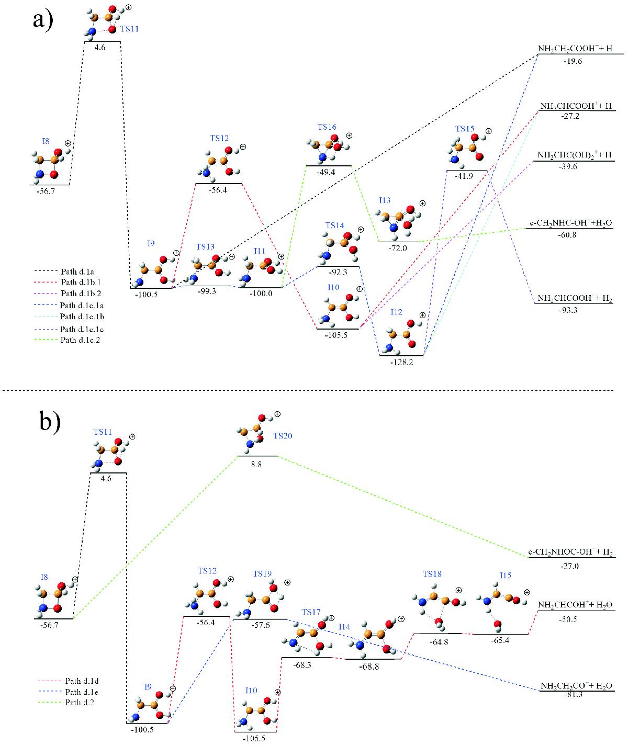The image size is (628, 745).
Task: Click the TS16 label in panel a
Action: click(327, 127)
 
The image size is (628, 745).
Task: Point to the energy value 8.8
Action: click(256, 463)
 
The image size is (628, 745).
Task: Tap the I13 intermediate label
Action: click(385, 201)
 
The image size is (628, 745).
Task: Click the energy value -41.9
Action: click(467, 176)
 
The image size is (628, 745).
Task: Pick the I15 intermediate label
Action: click(504, 575)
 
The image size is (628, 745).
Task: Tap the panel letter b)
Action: click(50, 422)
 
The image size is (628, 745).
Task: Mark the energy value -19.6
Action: click(574, 61)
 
